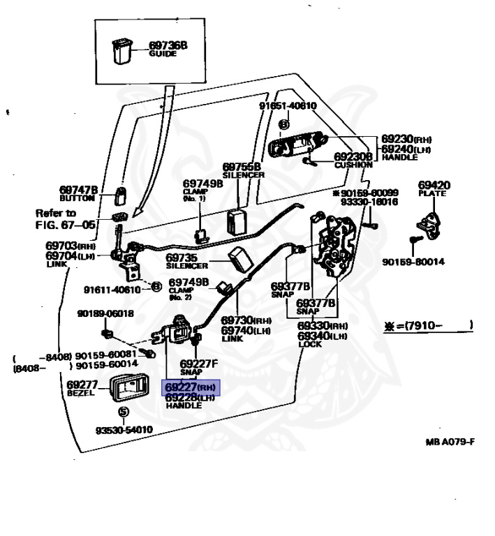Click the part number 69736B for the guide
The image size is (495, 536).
pyautogui.click(x=168, y=46)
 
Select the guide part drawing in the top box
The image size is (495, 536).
pyautogui.click(x=122, y=52)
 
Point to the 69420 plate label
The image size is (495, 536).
pyautogui.click(x=434, y=185)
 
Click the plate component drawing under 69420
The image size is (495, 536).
pyautogui.click(x=431, y=225)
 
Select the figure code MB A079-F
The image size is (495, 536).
pyautogui.click(x=450, y=442)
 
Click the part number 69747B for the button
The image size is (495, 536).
pyautogui.click(x=78, y=190)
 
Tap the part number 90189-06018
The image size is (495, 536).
pyautogui.click(x=105, y=313)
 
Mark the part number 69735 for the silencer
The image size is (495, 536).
pyautogui.click(x=184, y=258)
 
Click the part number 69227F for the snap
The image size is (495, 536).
pyautogui.click(x=199, y=364)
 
